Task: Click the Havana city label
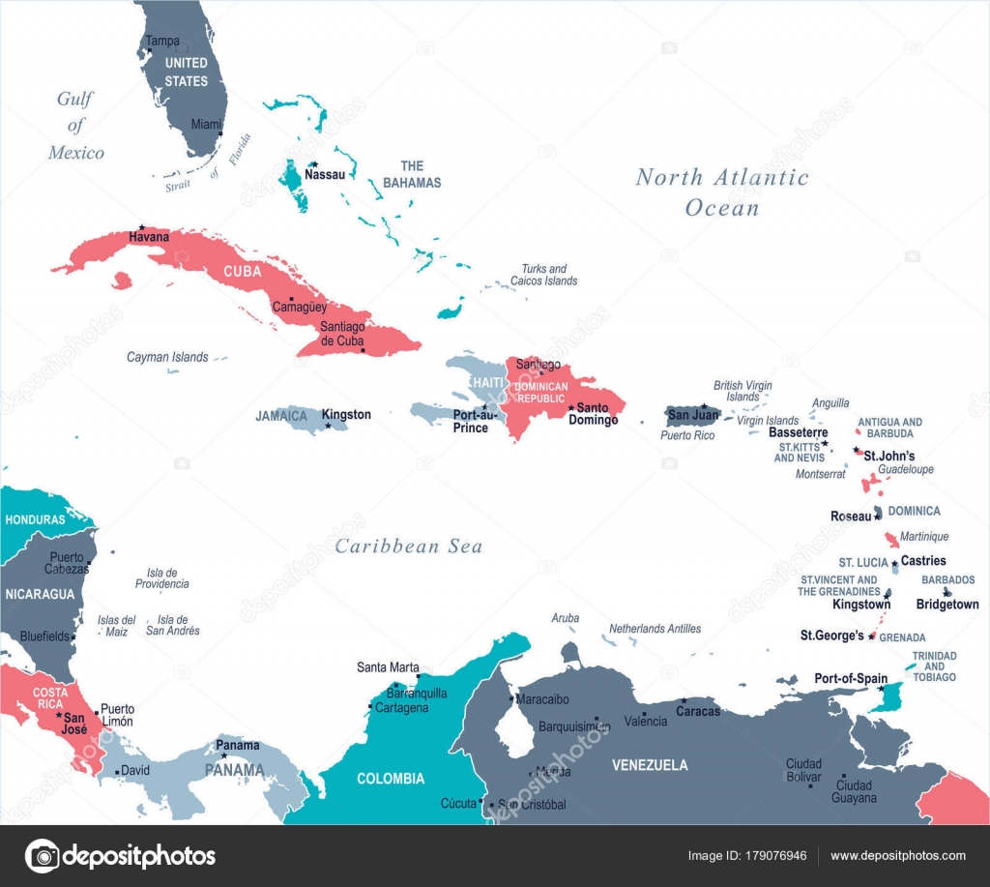coord(149,237)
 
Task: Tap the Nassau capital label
coord(326,175)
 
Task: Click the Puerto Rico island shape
coord(692,416)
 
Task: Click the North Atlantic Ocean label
coord(721,192)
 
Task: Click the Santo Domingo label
coord(594,414)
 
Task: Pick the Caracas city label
coord(698,712)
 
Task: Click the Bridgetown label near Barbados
coord(946,605)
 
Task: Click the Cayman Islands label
coord(167,357)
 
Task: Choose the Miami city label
coord(206,125)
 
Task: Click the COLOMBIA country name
coord(391,779)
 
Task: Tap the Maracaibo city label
coord(542,698)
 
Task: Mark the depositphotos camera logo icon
coord(42,856)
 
